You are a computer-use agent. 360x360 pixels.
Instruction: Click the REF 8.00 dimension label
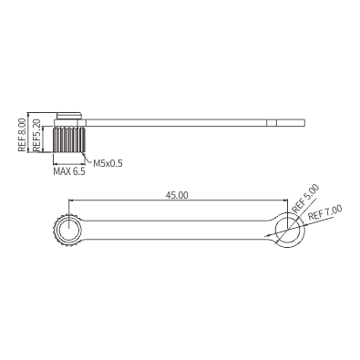[x=22, y=135]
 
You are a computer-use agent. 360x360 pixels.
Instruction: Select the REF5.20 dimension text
[x=36, y=136]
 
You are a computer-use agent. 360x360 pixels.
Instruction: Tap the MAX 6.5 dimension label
[x=69, y=171]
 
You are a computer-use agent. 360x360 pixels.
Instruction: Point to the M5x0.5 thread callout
[x=108, y=163]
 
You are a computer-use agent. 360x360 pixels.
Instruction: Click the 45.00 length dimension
[x=177, y=195]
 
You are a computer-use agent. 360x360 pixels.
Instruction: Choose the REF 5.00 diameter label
[x=305, y=199]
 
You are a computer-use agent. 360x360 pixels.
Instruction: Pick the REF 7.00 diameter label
[x=325, y=213]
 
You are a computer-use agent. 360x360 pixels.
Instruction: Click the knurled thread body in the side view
[x=69, y=139]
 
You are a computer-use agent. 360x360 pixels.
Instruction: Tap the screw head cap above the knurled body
[x=69, y=116]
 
